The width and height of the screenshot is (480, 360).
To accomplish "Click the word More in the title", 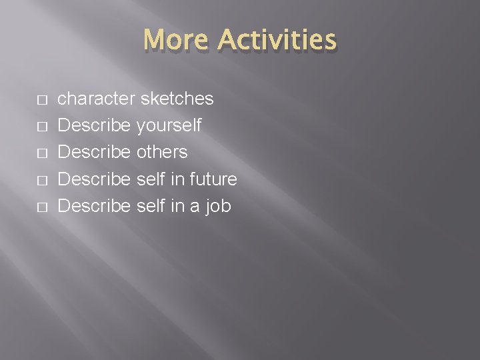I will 176,40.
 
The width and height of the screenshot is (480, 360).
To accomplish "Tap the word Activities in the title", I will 277,40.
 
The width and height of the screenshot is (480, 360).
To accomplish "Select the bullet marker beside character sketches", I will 41,100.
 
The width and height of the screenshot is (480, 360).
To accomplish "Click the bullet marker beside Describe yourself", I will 41,127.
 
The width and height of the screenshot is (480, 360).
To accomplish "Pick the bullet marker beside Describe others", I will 41,153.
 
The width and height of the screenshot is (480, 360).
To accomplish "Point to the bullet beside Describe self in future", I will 41,181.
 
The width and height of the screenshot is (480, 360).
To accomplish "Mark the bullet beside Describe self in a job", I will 41,207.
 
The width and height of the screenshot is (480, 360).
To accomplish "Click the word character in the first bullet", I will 97,99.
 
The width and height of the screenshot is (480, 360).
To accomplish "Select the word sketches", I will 177,99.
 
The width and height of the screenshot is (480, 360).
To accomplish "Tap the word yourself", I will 169,126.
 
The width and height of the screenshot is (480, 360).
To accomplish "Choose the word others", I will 162,152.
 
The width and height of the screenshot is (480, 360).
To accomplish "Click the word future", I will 212,179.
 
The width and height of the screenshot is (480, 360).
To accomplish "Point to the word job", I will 217,207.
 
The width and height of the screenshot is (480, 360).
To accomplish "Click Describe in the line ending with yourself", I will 95,126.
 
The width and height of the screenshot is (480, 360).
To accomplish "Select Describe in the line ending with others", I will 95,152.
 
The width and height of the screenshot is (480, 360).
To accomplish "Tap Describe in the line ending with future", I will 95,179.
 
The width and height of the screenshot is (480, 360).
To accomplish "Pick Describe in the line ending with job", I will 95,206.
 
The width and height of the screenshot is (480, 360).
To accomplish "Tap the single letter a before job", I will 193,207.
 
